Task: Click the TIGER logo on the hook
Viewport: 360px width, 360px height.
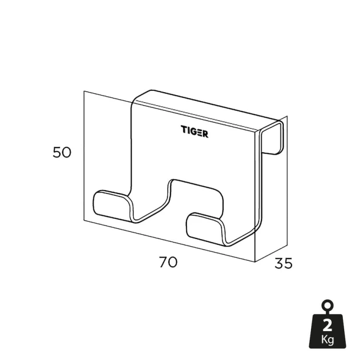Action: coord(194,132)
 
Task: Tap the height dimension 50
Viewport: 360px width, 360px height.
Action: coord(62,153)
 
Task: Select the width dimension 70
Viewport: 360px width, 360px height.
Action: coord(168,262)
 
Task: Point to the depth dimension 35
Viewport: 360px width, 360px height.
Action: coord(284,263)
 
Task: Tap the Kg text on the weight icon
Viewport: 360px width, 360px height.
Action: coord(327,339)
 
